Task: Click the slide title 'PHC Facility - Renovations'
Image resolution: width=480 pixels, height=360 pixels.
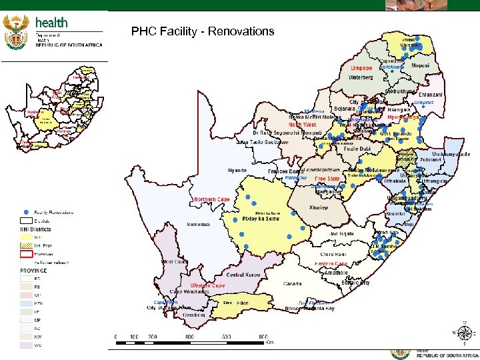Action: (x=203, y=31)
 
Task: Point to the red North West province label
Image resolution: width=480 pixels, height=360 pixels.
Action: (x=302, y=125)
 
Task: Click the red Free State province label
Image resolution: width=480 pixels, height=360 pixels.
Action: (x=327, y=179)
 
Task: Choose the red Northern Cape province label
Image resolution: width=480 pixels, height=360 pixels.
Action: (x=212, y=199)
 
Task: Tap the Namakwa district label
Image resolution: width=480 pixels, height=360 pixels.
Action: (x=198, y=224)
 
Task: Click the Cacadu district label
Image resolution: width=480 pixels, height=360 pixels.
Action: (x=293, y=283)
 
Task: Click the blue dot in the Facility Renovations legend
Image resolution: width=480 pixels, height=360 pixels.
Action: (x=25, y=213)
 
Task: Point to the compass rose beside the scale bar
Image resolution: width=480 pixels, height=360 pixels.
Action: (x=465, y=332)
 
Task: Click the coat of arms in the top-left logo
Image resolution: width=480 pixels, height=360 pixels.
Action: (x=16, y=33)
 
